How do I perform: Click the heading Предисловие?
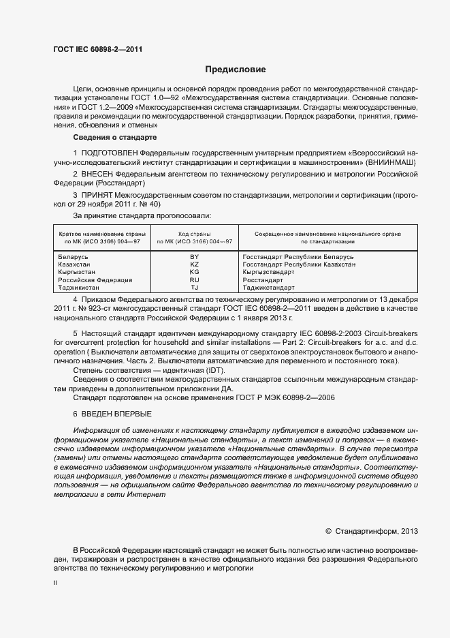[x=236, y=70]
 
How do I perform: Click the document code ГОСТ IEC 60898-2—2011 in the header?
[x=97, y=48]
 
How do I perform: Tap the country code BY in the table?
[x=194, y=256]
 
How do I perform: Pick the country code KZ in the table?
[x=194, y=264]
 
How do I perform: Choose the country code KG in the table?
[x=194, y=272]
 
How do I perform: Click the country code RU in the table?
[x=194, y=280]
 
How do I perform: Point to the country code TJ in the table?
[x=194, y=288]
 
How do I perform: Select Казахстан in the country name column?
[x=76, y=264]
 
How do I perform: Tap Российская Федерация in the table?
[x=95, y=280]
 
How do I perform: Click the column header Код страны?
[x=194, y=234]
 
